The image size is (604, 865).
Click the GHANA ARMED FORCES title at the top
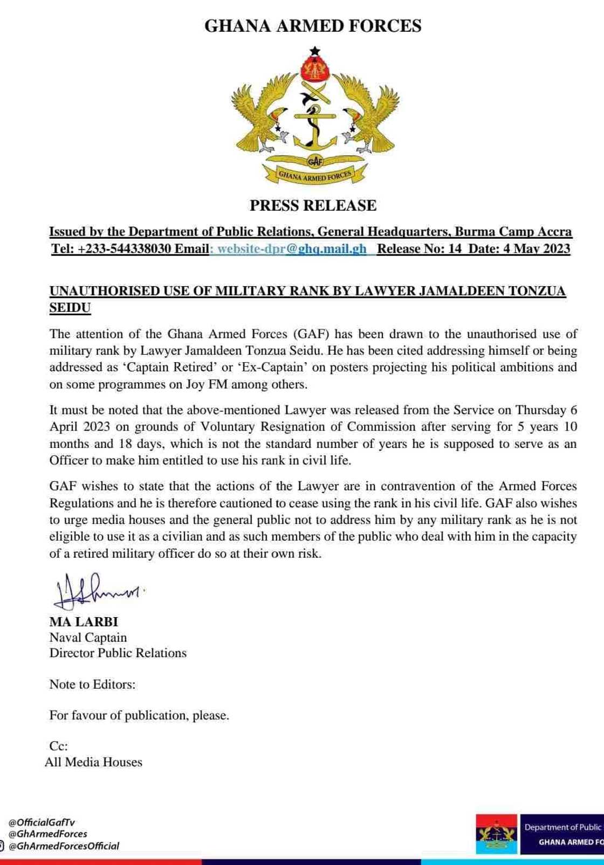pos(313,26)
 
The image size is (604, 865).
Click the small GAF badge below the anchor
pos(315,161)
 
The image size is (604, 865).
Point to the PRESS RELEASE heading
pos(313,205)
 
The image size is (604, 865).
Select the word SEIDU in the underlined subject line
pos(70,308)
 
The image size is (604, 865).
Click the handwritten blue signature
pos(97,590)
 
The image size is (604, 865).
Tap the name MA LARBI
pos(84,622)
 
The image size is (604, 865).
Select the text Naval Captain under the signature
pos(88,638)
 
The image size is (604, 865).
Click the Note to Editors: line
pos(92,684)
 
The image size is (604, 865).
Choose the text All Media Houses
pos(93,762)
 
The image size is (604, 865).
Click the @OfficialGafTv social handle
pos(42,822)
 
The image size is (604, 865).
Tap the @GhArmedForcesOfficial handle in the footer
pos(64,846)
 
